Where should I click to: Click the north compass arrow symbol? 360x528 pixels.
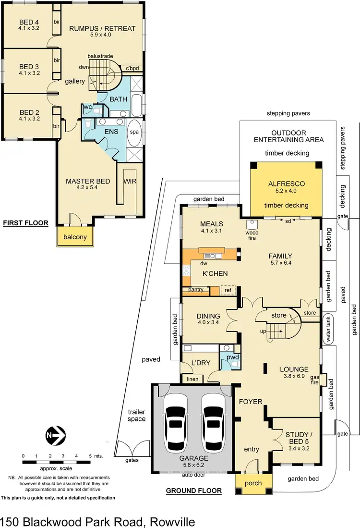[54, 436]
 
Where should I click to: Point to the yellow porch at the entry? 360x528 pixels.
[253, 483]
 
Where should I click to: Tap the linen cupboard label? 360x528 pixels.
[192, 379]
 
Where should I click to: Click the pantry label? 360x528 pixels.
[196, 290]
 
